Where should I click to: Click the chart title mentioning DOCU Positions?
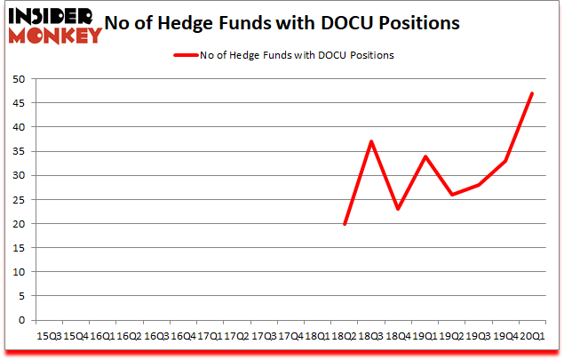point(282,23)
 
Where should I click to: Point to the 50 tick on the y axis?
point(19,79)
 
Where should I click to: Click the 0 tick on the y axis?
point(21,320)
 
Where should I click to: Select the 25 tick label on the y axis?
point(19,200)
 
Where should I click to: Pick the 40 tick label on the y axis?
point(19,127)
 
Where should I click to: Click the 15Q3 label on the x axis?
point(49,336)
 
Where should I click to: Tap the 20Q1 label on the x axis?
point(532,336)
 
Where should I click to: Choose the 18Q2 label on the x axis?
point(345,336)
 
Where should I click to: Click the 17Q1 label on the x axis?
point(210,336)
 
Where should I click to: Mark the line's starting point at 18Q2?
point(345,224)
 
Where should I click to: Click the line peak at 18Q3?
point(371,142)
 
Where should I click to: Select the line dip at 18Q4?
point(398,210)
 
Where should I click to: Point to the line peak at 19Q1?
point(425,156)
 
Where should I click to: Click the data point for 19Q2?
point(452,195)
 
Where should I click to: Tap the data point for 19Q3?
point(479,185)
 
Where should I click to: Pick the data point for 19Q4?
point(505,161)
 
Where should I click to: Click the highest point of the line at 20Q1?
point(532,93)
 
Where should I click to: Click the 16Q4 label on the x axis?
point(183,336)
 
